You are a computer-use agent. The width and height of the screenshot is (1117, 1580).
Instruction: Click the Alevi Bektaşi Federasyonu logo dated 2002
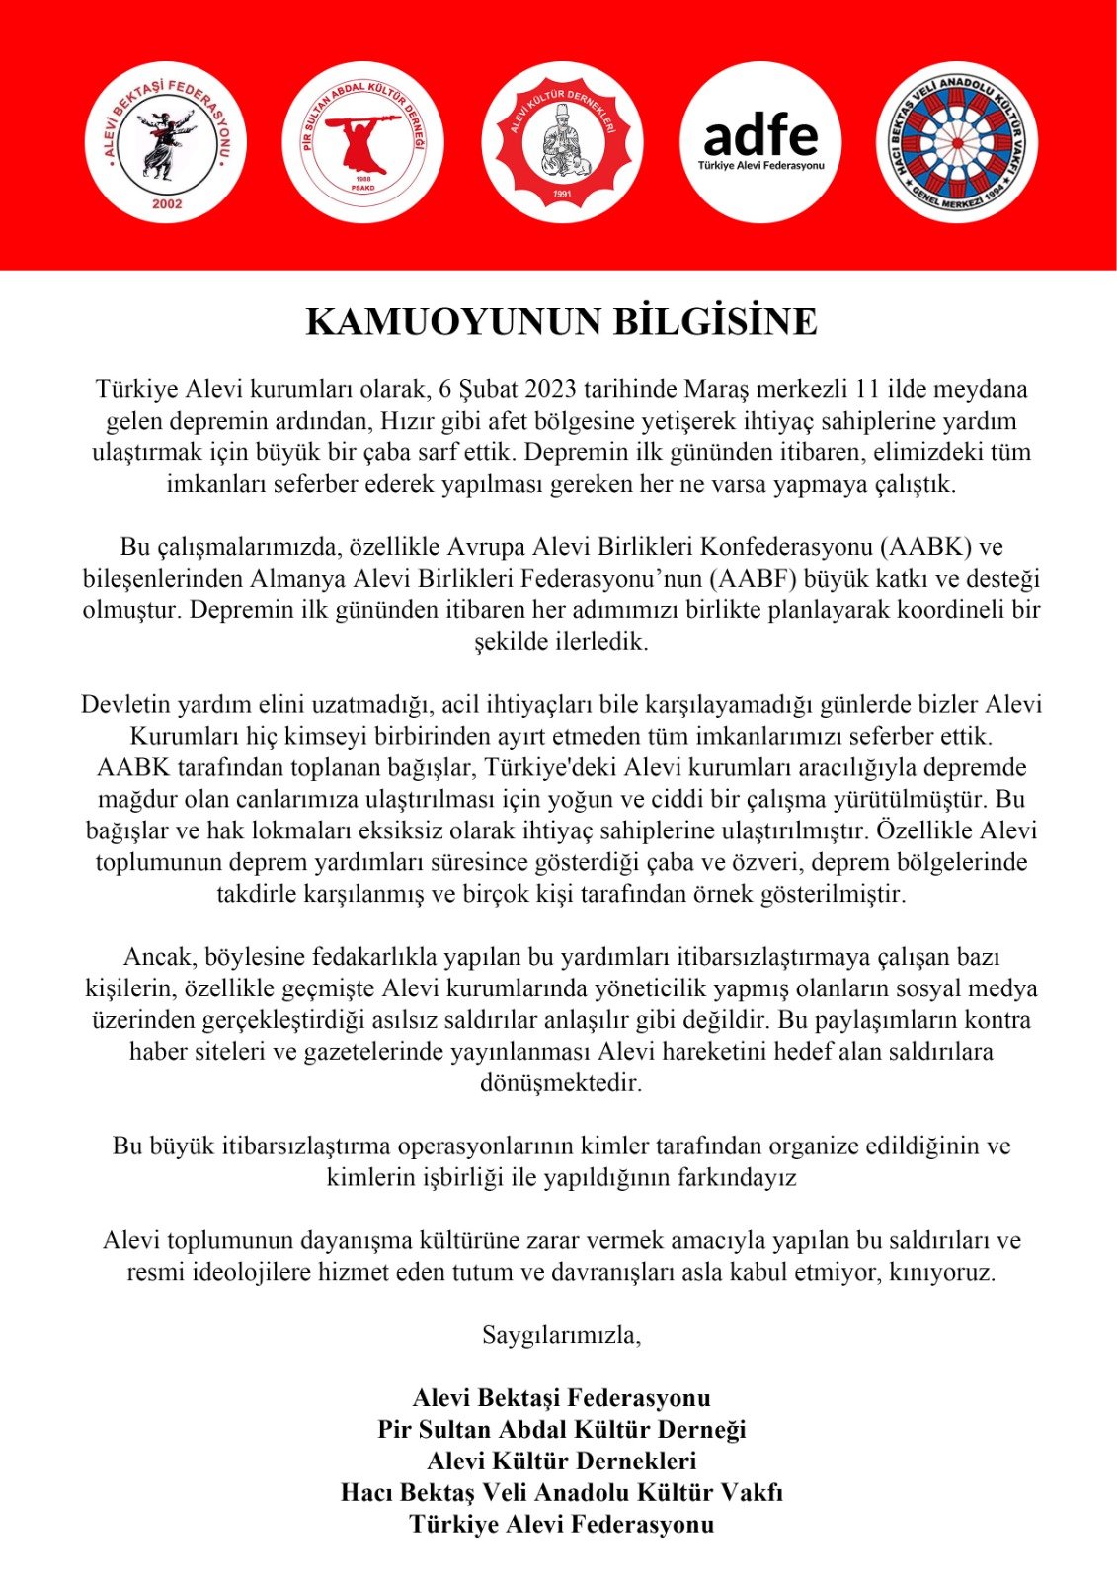coord(165,142)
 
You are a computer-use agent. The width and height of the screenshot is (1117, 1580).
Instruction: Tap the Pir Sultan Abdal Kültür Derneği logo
coord(362,142)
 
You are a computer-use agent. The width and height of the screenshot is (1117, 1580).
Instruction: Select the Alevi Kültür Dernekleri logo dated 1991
coord(561,142)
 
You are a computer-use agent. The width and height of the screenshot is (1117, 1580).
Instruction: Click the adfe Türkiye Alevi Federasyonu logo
coord(760,142)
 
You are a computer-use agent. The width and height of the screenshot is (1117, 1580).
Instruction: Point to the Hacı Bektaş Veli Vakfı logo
coord(957,142)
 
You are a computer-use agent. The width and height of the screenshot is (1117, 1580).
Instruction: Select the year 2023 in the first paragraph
coord(550,389)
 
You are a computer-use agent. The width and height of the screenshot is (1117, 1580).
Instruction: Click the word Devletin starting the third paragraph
coord(125,705)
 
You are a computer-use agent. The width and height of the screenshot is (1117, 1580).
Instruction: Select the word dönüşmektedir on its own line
coord(560,1083)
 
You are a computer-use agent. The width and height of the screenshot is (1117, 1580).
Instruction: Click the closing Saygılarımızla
coord(561,1336)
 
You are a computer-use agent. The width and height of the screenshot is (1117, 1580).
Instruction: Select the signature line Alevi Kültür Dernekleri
coord(561,1461)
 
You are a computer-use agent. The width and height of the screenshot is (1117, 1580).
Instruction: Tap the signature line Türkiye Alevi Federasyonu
coord(561,1525)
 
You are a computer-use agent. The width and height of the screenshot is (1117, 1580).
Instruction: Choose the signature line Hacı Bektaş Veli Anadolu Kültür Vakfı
coord(561,1493)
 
